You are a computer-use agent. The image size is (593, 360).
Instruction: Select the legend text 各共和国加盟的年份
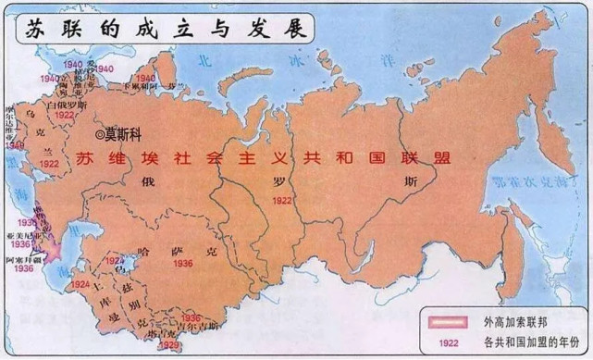tap(528, 341)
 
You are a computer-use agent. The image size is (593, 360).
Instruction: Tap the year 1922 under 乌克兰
tap(51, 162)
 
